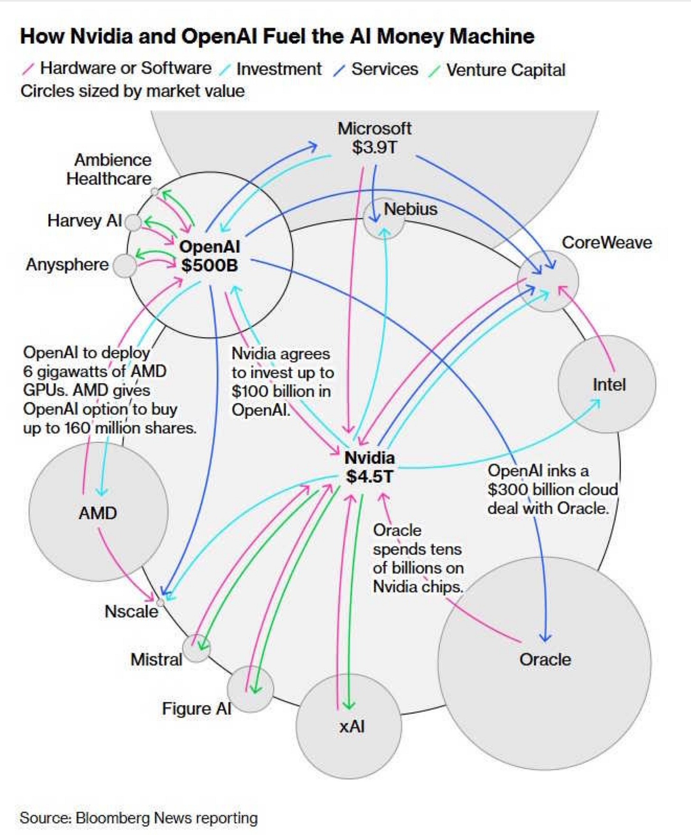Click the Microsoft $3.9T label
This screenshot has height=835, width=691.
(374, 138)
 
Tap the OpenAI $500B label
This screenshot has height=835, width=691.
(209, 256)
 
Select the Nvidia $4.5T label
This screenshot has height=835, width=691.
(369, 467)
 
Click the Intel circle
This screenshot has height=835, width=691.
(607, 384)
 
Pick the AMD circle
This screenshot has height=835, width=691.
(98, 512)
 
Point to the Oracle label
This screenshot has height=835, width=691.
(545, 659)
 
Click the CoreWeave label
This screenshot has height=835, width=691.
(607, 242)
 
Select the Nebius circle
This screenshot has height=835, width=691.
(383, 218)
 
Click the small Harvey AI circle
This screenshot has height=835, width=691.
(134, 222)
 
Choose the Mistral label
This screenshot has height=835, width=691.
(156, 659)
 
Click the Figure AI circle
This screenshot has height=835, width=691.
(250, 689)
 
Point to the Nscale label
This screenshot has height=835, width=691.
(131, 611)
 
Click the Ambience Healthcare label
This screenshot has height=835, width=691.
(109, 169)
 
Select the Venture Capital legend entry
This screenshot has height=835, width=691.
(505, 70)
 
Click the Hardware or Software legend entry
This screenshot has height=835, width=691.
(125, 68)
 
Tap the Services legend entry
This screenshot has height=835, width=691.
(384, 69)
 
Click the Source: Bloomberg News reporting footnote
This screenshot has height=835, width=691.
(139, 818)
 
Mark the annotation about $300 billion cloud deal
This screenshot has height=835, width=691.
(552, 489)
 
